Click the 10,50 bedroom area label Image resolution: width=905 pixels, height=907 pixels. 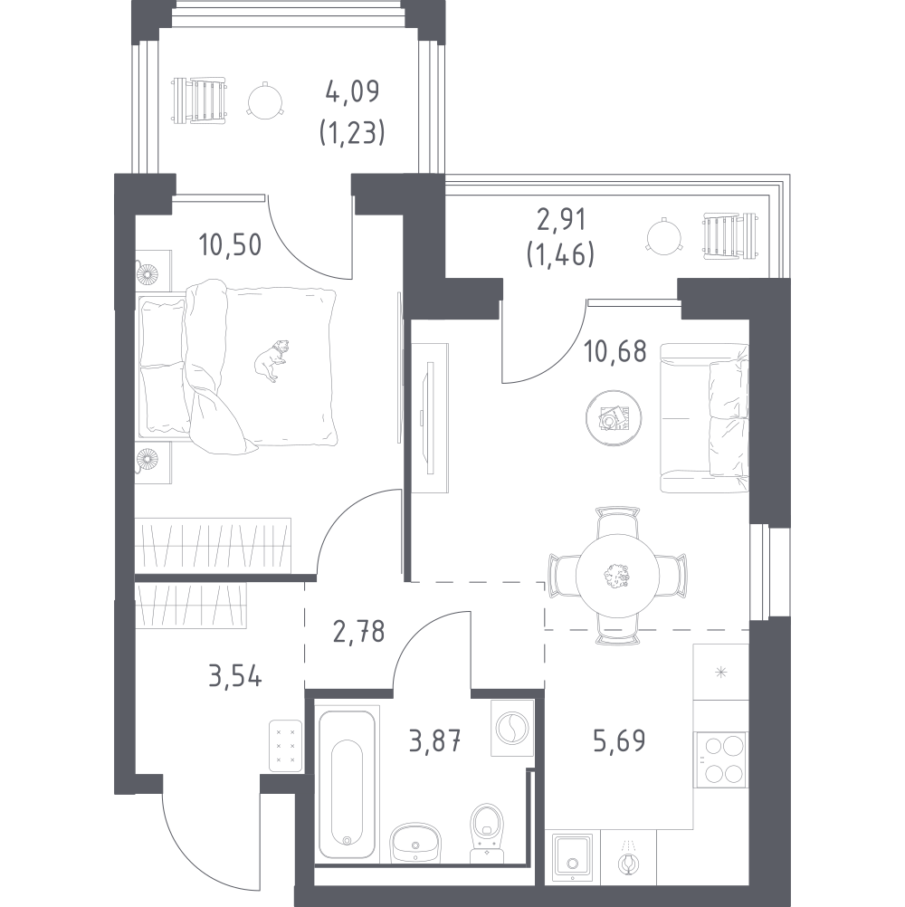point(230,244)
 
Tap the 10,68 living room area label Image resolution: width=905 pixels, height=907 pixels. point(614,352)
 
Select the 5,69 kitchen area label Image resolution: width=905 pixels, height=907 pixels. point(619,740)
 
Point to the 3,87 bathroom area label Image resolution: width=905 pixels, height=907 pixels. point(435,740)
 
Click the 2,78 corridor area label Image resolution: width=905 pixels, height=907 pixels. point(358,631)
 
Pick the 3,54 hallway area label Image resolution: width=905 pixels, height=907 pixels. point(235,675)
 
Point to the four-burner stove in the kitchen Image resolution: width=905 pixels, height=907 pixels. point(721,759)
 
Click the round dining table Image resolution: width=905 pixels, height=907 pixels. point(617,576)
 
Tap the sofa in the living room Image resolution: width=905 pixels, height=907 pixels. point(704,418)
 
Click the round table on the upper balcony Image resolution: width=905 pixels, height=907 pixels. point(265,101)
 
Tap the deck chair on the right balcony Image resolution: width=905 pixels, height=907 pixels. point(730,236)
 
